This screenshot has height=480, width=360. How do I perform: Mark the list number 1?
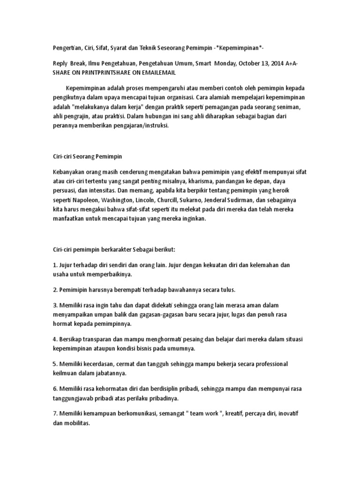coord(54,265)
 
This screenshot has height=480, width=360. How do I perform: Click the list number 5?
coord(54,364)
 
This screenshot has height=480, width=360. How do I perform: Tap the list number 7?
coord(54,412)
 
